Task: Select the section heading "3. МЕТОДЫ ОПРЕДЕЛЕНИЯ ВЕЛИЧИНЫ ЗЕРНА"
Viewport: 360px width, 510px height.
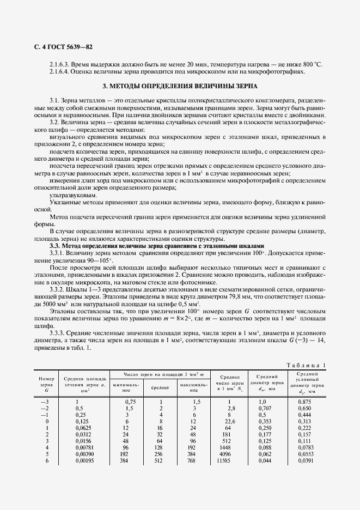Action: (180, 86)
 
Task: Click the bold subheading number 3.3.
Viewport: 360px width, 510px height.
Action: (54, 246)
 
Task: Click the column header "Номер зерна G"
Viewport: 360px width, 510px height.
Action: (46, 384)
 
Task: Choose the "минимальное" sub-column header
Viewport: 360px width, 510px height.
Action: (126, 387)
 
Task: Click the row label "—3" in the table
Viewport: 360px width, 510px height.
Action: (45, 402)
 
